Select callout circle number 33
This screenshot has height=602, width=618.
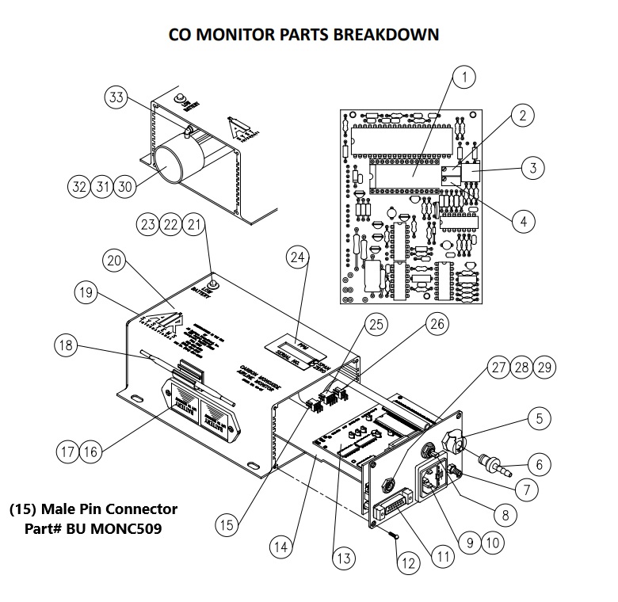pos(116,97)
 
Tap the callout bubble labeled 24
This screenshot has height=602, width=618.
pos(297,257)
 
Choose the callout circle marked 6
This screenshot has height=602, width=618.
pos(540,465)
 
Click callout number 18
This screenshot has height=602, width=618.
pos(67,345)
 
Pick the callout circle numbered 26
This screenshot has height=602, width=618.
pos(437,323)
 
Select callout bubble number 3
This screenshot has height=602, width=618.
pos(533,168)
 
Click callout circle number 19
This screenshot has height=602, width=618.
pos(88,293)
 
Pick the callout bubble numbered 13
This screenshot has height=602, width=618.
pos(343,558)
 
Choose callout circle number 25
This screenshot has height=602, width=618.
pos(376,324)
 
